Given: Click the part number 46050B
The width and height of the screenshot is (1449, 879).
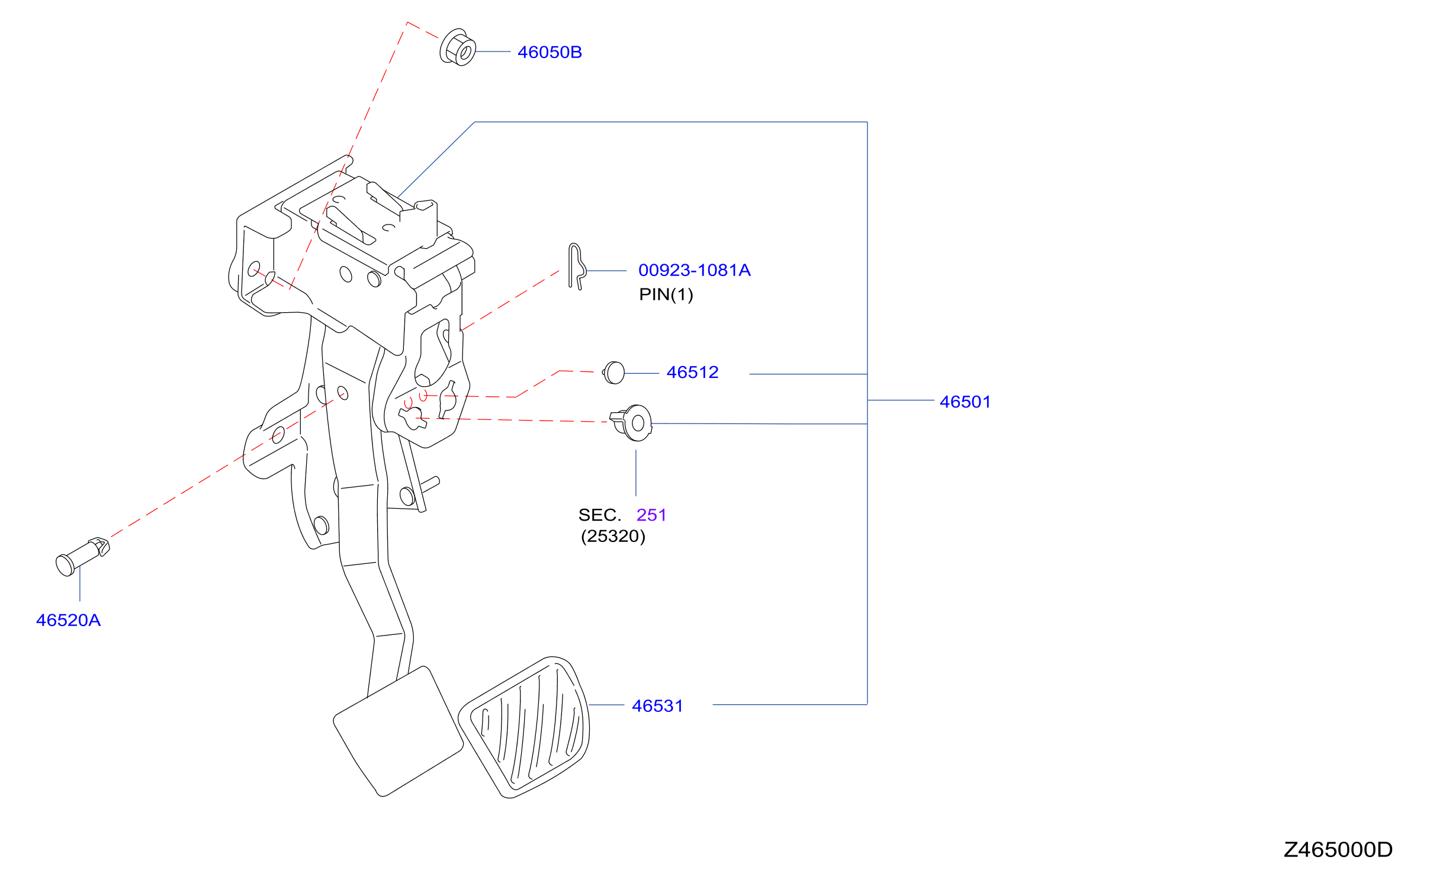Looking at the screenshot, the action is [550, 52].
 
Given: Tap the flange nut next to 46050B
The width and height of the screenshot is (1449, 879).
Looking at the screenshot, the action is [458, 47].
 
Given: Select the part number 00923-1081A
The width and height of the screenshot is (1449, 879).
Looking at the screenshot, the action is [694, 270].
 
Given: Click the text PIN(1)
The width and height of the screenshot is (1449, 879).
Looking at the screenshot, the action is [666, 294].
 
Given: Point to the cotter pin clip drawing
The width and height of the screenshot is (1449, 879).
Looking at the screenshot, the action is [576, 267].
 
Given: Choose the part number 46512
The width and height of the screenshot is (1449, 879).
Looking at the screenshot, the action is [692, 372].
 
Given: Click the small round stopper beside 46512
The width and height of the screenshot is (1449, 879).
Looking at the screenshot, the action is [614, 373].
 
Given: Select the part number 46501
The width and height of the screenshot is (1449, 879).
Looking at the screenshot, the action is [965, 402].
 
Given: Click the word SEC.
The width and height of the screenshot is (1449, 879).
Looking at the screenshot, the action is [599, 515].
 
